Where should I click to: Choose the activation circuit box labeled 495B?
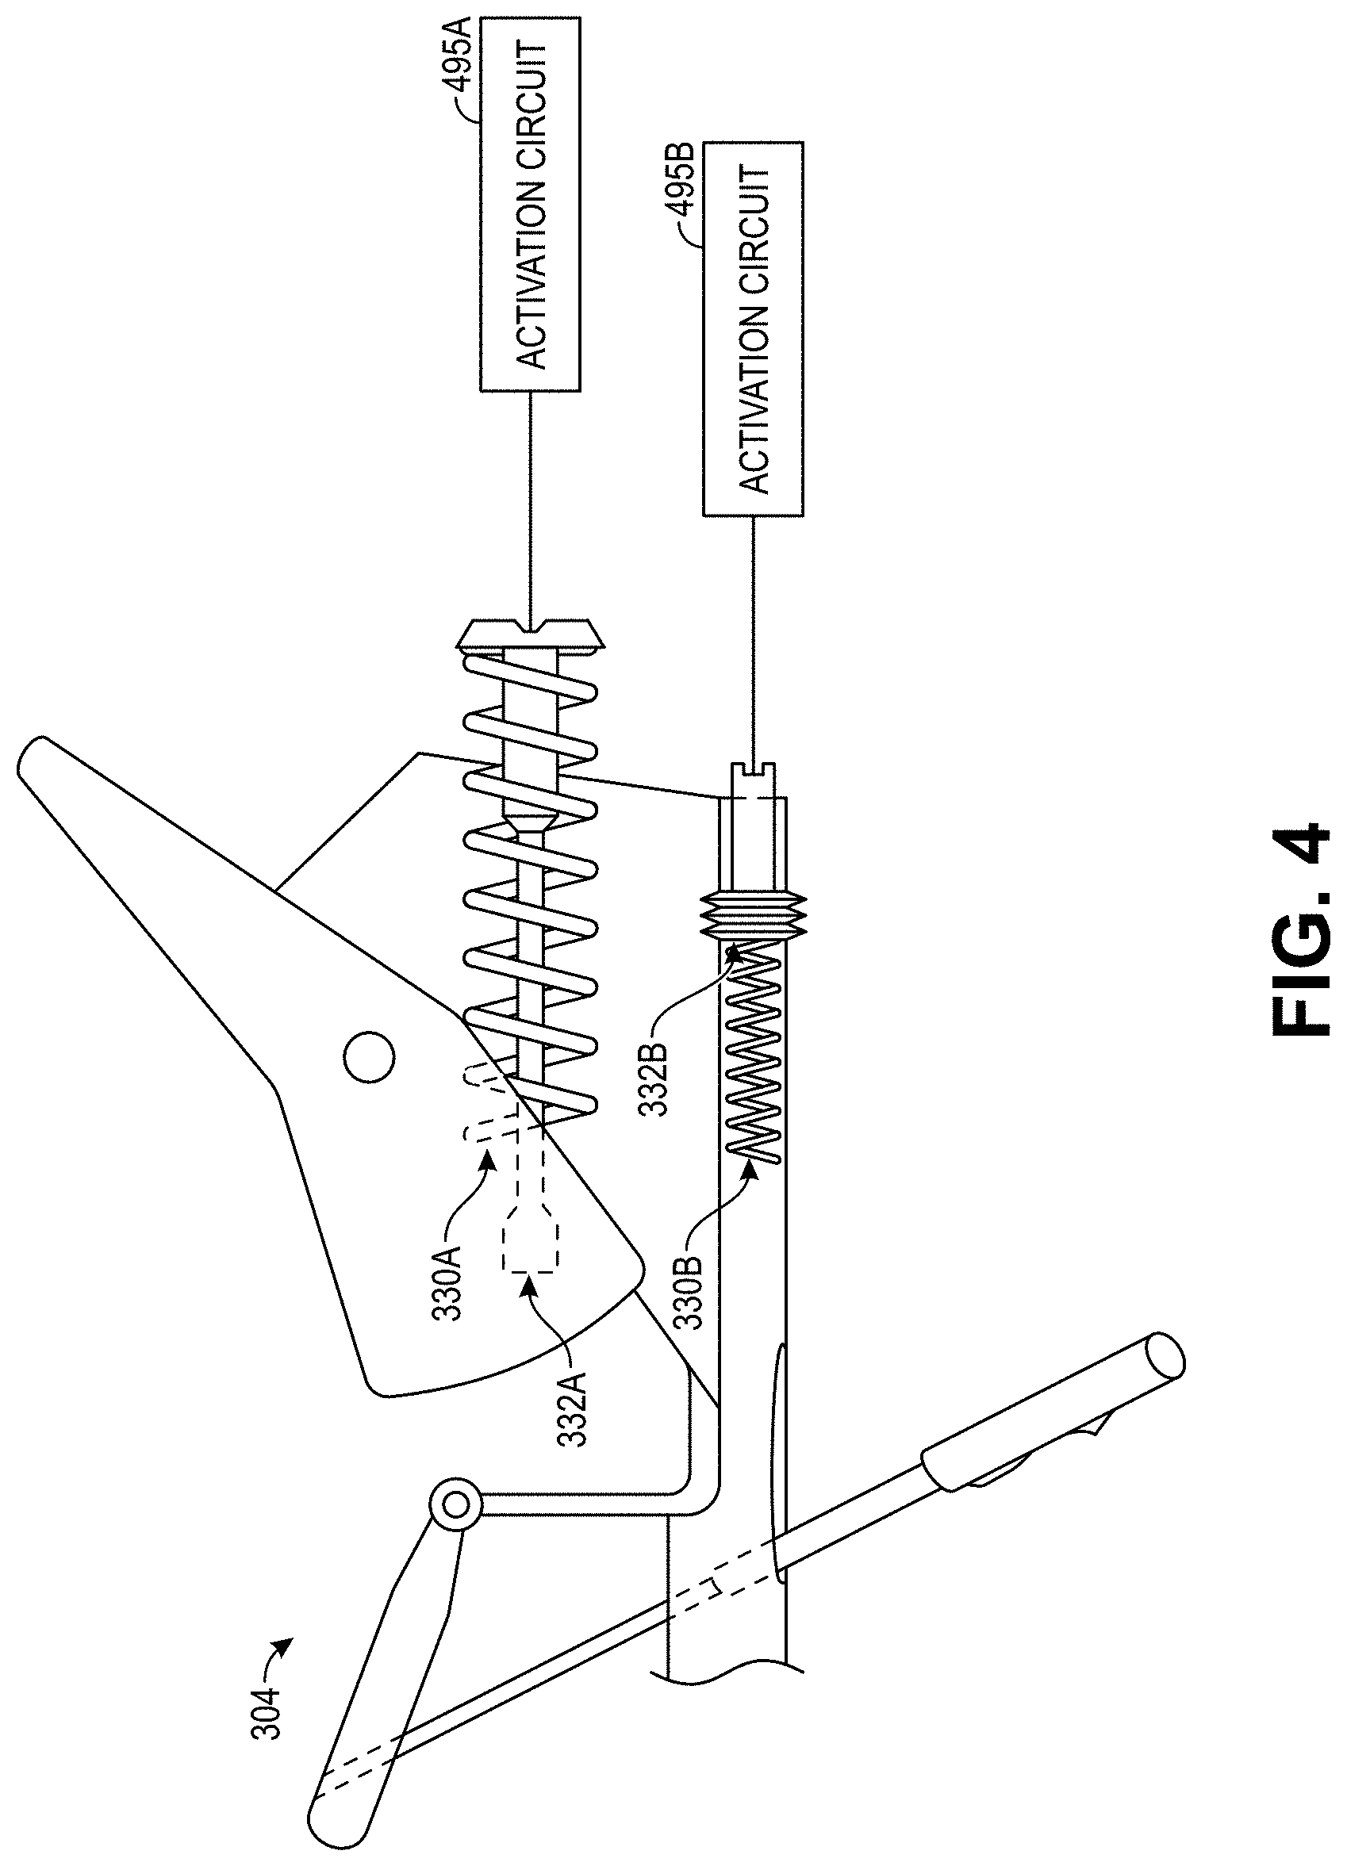click(753, 329)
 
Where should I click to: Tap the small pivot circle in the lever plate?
click(368, 1057)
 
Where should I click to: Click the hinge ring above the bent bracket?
click(455, 1507)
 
